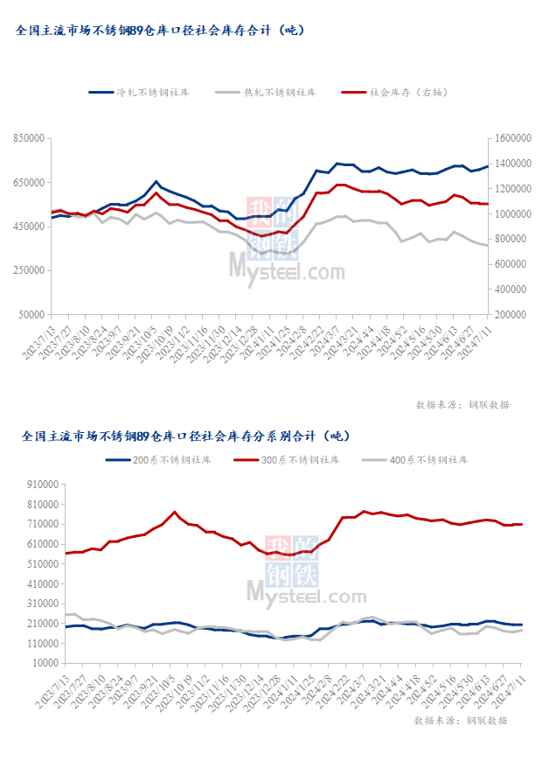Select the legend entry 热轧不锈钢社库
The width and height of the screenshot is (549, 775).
pyautogui.click(x=281, y=92)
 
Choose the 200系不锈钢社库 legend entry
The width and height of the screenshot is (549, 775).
pyautogui.click(x=170, y=460)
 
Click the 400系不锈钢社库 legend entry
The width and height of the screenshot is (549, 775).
pyautogui.click(x=429, y=460)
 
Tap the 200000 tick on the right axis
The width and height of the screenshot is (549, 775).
pyautogui.click(x=511, y=314)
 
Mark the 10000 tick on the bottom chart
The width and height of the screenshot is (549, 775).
pyautogui.click(x=44, y=663)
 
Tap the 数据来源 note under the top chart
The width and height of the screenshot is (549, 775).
pyautogui.click(x=462, y=405)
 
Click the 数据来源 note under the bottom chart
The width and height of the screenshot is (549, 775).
pyautogui.click(x=462, y=721)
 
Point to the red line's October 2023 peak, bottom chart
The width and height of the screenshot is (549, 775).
pyautogui.click(x=175, y=512)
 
